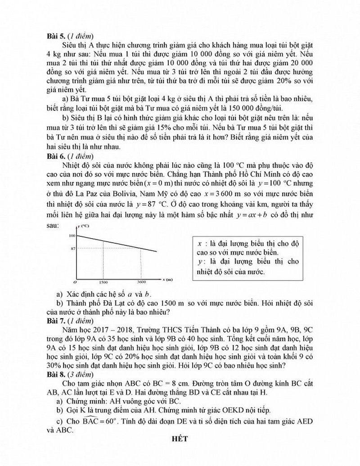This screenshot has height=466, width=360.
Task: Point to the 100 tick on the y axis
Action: (72, 235)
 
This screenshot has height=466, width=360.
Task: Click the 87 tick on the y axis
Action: (72, 248)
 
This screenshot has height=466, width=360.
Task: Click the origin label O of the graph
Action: (75, 282)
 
